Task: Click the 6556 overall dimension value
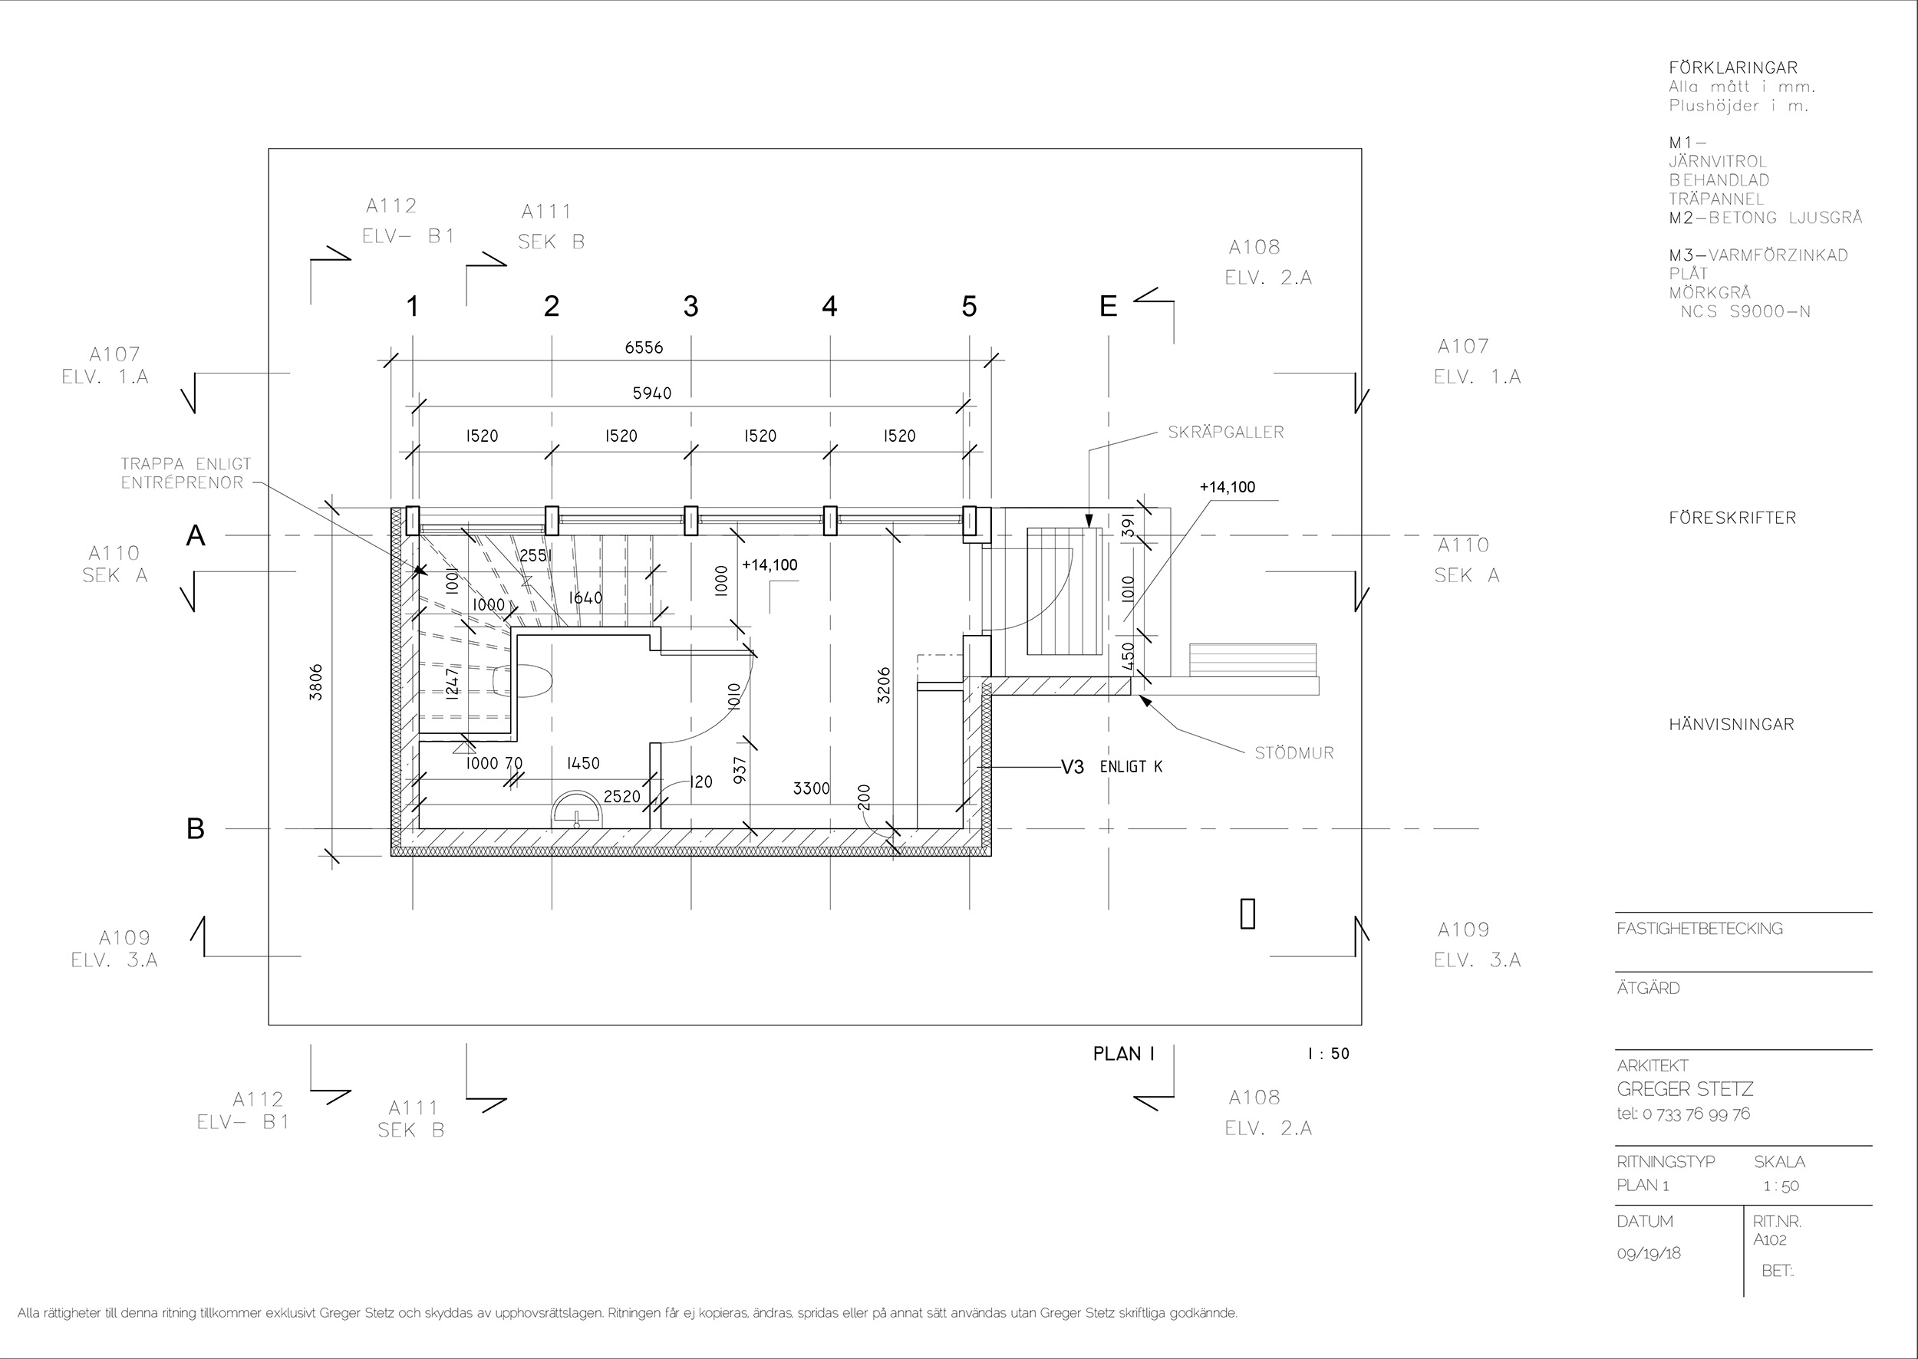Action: pyautogui.click(x=644, y=347)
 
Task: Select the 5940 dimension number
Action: pyautogui.click(x=652, y=393)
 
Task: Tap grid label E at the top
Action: pyautogui.click(x=1108, y=307)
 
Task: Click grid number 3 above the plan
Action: pyautogui.click(x=690, y=307)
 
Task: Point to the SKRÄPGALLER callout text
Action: pyautogui.click(x=1226, y=433)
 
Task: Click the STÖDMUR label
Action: pyautogui.click(x=1294, y=753)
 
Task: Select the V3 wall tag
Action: pyautogui.click(x=1073, y=766)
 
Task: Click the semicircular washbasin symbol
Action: pyautogui.click(x=577, y=809)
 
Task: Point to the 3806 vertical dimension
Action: pyautogui.click(x=315, y=682)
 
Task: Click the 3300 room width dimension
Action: pyautogui.click(x=811, y=788)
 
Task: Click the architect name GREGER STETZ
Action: pyautogui.click(x=1685, y=1090)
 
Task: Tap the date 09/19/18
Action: pyautogui.click(x=1649, y=1254)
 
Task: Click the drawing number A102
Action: pyautogui.click(x=1770, y=1239)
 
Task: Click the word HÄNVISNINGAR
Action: pyautogui.click(x=1732, y=725)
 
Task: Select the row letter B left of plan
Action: pyautogui.click(x=195, y=828)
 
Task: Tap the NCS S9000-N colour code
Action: pyautogui.click(x=1745, y=312)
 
